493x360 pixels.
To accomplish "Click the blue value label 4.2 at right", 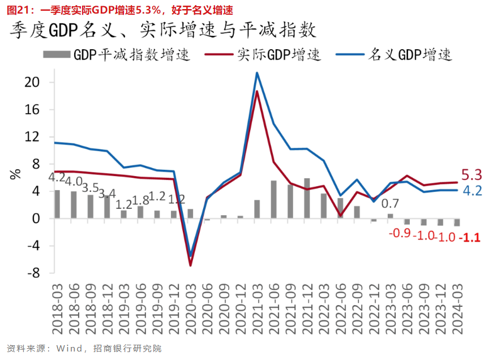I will click(x=472, y=191).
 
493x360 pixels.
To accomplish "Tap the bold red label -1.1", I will click(x=470, y=238).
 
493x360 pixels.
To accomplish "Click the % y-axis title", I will click(x=15, y=174).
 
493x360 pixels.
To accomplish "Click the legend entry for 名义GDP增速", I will click(x=410, y=55).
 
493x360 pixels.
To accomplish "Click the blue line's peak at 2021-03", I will click(x=257, y=72).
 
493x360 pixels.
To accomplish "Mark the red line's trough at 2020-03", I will click(x=191, y=265).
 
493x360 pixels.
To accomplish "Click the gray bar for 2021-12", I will click(x=307, y=198).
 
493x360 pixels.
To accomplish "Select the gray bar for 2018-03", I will click(x=57, y=204).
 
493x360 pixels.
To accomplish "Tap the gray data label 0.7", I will click(x=390, y=204).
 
